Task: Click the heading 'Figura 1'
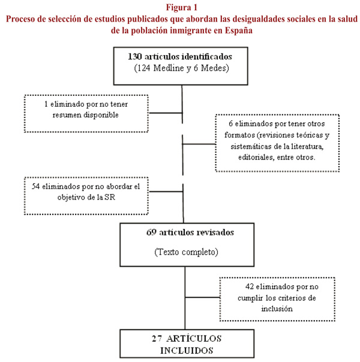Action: (182, 7)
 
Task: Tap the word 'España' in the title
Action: (239, 31)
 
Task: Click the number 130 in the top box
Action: (135, 56)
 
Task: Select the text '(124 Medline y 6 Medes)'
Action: (181, 68)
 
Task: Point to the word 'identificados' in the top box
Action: (207, 56)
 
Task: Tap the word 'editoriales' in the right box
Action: (256, 157)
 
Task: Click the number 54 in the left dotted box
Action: (35, 186)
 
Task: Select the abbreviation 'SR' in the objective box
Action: (110, 197)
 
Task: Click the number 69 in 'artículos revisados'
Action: (151, 233)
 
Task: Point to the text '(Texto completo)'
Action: (186, 252)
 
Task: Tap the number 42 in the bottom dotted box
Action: (250, 286)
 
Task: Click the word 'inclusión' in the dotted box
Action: (277, 309)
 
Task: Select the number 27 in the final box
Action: (157, 339)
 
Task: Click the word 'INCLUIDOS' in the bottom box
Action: (187, 351)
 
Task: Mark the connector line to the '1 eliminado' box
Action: (166, 113)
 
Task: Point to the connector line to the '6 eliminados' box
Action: (199, 144)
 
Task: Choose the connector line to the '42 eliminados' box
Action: (203, 297)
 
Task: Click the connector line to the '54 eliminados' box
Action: (166, 191)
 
